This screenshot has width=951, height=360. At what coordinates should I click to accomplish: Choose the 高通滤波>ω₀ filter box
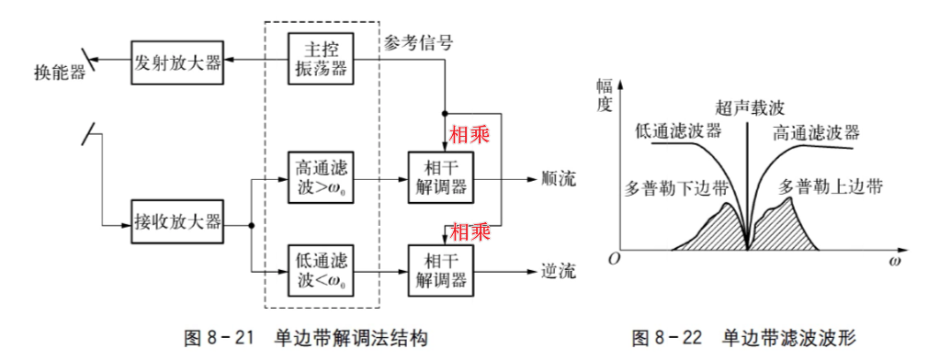[x=321, y=178]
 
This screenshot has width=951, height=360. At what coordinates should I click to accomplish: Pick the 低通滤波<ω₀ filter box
[x=321, y=269]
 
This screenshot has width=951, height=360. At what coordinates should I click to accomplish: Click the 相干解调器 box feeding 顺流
[x=440, y=178]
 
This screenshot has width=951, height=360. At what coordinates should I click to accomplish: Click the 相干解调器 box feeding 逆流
[x=440, y=269]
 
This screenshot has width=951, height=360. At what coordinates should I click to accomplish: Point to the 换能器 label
[x=60, y=72]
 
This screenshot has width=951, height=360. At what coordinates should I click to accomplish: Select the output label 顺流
[x=559, y=178]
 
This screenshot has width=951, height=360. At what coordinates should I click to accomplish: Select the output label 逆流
[x=559, y=271]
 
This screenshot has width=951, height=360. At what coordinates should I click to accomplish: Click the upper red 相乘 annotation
[x=469, y=135]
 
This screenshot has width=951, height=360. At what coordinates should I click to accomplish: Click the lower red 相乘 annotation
[x=469, y=231]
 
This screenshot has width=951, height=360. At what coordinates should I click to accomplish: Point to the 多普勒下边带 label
[x=675, y=187]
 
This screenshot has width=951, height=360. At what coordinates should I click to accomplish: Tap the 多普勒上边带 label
[x=831, y=186]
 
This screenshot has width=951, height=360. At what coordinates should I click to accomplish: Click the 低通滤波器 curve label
[x=678, y=129]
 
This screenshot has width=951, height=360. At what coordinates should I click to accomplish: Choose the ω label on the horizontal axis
[x=894, y=263]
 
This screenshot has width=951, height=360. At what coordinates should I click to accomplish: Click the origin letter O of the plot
[x=613, y=259]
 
